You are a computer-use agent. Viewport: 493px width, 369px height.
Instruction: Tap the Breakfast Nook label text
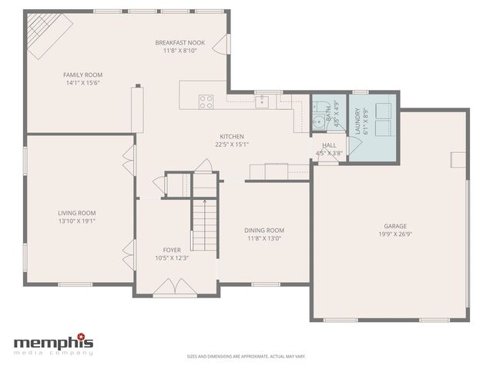point(179,42)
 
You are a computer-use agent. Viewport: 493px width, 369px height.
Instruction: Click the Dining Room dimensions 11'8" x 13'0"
point(264,238)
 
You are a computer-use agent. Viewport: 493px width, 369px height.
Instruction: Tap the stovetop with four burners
point(206,101)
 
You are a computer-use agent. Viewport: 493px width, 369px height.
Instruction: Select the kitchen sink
point(263,101)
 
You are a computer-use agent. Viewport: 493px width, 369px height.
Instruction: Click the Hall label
point(329,145)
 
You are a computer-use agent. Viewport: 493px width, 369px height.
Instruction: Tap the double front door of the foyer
point(175,289)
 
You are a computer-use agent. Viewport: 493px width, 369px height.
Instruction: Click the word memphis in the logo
point(54,342)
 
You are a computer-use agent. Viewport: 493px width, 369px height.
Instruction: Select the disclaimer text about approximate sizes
point(246,356)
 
